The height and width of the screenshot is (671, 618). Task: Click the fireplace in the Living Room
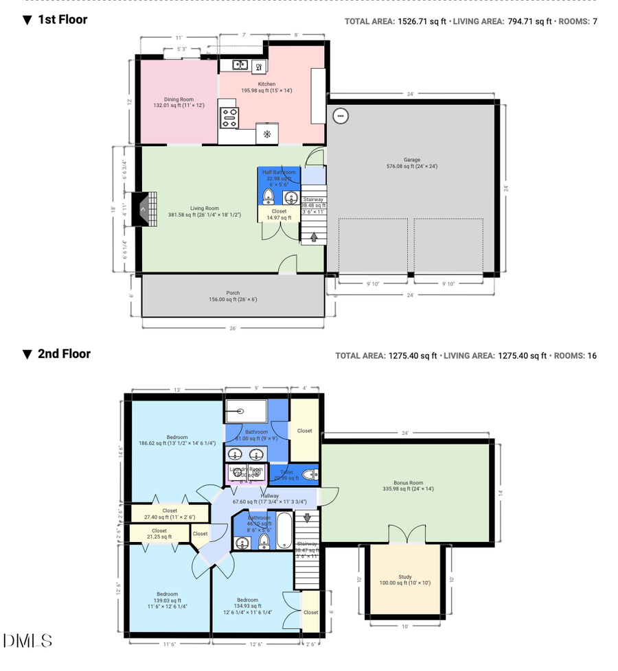click(x=145, y=208)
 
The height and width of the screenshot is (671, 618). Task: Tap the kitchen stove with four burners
click(x=229, y=118)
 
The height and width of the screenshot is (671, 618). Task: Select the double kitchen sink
click(x=240, y=65)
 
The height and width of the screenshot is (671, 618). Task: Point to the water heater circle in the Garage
click(x=341, y=116)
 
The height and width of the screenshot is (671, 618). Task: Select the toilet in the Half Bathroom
click(x=268, y=198)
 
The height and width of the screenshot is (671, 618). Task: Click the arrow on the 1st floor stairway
click(x=314, y=237)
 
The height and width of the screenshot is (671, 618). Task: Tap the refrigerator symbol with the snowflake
click(x=267, y=134)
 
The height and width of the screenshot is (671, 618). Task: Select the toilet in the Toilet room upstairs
click(x=310, y=473)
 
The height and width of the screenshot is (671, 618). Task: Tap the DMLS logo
click(x=27, y=641)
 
